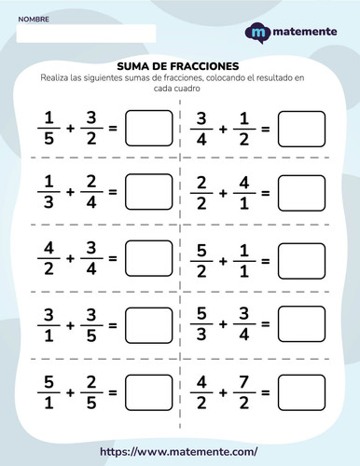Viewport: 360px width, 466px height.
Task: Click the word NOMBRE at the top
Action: point(35,19)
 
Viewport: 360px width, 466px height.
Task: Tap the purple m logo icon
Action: point(257,33)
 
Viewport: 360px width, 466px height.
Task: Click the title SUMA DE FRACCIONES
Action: point(179,66)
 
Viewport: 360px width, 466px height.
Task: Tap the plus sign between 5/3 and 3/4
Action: point(223,323)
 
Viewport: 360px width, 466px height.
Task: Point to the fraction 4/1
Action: point(242,192)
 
